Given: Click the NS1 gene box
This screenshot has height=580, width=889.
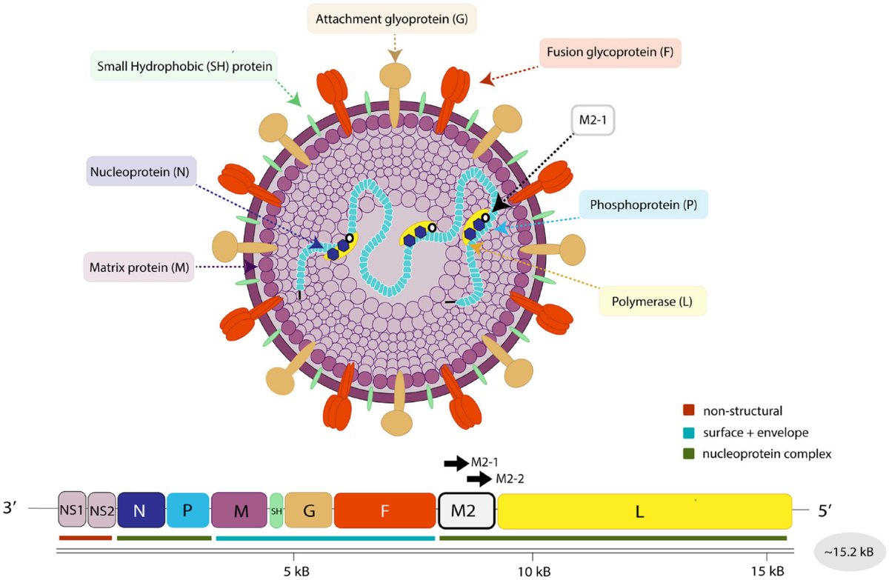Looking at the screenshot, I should pos(73,510).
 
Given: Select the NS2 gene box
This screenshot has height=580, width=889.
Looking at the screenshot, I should pos(101,510).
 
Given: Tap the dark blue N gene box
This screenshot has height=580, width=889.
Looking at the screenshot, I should pos(141,510).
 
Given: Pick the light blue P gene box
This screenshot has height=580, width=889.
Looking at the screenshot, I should pos(187,510).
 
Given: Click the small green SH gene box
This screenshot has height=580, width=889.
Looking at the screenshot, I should pos(276,510).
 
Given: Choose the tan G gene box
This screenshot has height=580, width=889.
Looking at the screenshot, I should pos(308,510).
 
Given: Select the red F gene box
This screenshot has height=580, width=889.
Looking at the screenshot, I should pos(384,510).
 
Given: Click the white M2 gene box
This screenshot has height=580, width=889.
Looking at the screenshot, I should pos(467,510).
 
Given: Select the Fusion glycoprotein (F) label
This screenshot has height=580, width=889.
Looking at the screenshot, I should pos(609,53).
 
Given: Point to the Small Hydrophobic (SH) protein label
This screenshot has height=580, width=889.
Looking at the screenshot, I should pos(183,66).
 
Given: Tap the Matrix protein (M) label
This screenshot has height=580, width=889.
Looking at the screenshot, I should pos(139,266).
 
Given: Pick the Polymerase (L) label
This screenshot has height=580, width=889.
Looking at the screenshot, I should pos(652,301).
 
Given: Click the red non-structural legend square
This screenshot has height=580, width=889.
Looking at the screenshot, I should pos(688,410).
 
